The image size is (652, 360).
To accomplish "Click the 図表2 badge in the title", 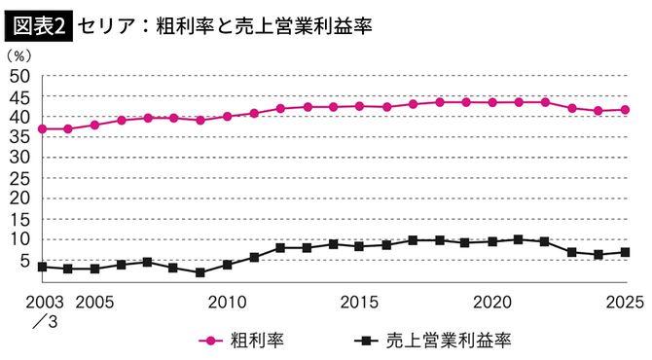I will pos(37,23).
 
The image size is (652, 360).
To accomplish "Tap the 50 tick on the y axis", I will pos(22,76).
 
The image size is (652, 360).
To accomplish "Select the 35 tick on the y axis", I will pos(22,137).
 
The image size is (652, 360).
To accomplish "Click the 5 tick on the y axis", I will pos(27,260).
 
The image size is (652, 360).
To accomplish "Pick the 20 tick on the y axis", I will pos(22,198).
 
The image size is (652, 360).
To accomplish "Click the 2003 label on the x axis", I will pos(21,303).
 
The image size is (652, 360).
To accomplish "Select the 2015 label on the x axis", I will pos(360,303).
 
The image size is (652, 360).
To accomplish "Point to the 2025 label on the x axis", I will pos(625,303).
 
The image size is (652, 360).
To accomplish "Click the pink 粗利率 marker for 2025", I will pos(625,110).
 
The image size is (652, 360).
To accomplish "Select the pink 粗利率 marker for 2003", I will pos(42,128).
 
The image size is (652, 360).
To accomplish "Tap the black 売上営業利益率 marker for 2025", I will pos(625,252).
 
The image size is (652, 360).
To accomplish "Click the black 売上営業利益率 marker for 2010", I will pos(228,265).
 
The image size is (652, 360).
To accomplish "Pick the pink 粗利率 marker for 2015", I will pos(360,106).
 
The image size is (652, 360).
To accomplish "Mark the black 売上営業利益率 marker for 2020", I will pos(492,241).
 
